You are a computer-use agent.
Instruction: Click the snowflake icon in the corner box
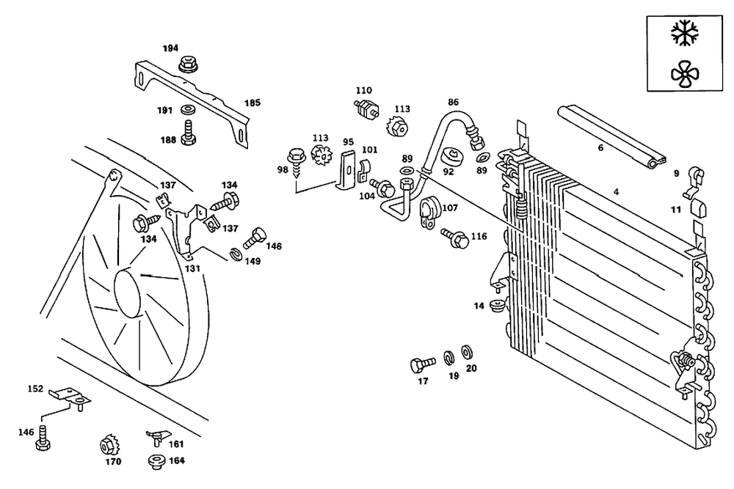686,32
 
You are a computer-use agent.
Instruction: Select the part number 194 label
170,48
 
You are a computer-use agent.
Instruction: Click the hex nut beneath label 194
189,66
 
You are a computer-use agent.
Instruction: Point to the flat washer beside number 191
187,110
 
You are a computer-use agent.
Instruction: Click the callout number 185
252,103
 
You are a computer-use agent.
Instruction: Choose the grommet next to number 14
498,304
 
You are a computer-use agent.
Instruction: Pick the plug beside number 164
156,461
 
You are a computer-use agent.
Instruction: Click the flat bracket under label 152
70,397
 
